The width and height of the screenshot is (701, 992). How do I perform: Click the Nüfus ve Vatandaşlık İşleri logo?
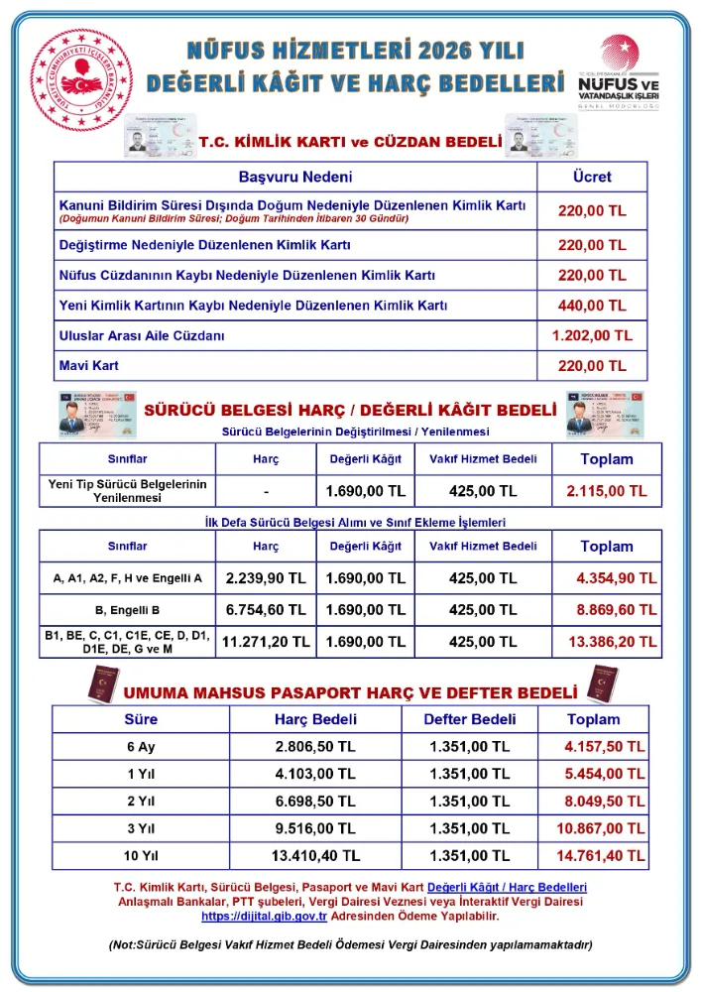tap(618, 75)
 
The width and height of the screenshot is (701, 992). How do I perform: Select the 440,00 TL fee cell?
tap(592, 306)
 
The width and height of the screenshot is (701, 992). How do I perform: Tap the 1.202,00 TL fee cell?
tap(592, 336)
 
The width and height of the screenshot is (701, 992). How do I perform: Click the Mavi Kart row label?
tap(88, 366)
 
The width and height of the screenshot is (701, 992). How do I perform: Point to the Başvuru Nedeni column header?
tap(295, 177)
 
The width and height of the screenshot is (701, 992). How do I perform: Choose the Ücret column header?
tap(592, 177)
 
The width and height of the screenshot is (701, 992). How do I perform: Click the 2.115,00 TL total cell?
tap(606, 491)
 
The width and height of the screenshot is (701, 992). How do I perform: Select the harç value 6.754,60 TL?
tap(266, 609)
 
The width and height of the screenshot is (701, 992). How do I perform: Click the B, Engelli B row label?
tap(128, 609)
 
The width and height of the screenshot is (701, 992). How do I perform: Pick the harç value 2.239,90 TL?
tap(266, 577)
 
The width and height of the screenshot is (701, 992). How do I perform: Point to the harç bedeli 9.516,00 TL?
tap(315, 827)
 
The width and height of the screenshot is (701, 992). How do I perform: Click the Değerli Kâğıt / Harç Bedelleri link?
tap(507, 886)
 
